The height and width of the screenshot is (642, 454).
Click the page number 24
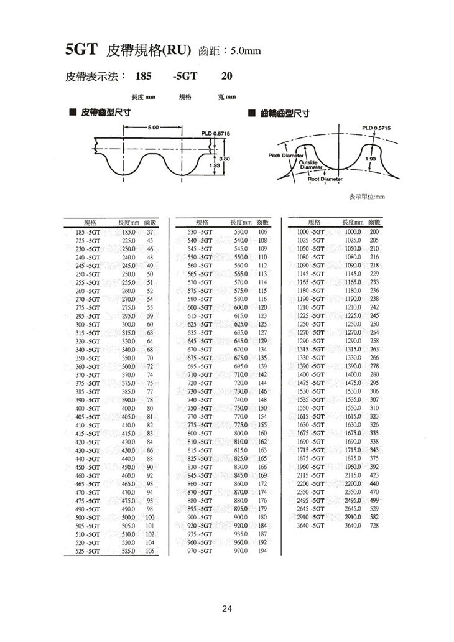pos(227,608)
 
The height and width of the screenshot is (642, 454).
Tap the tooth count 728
pos(374,526)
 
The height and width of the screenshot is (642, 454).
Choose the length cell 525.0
pos(128,551)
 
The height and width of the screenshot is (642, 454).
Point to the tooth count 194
pos(262,551)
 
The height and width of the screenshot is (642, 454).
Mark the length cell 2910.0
pos(353,517)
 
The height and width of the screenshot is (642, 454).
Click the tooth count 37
pos(150,231)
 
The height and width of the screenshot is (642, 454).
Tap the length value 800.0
pos(241,432)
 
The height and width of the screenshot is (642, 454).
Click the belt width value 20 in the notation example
pos(227,77)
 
